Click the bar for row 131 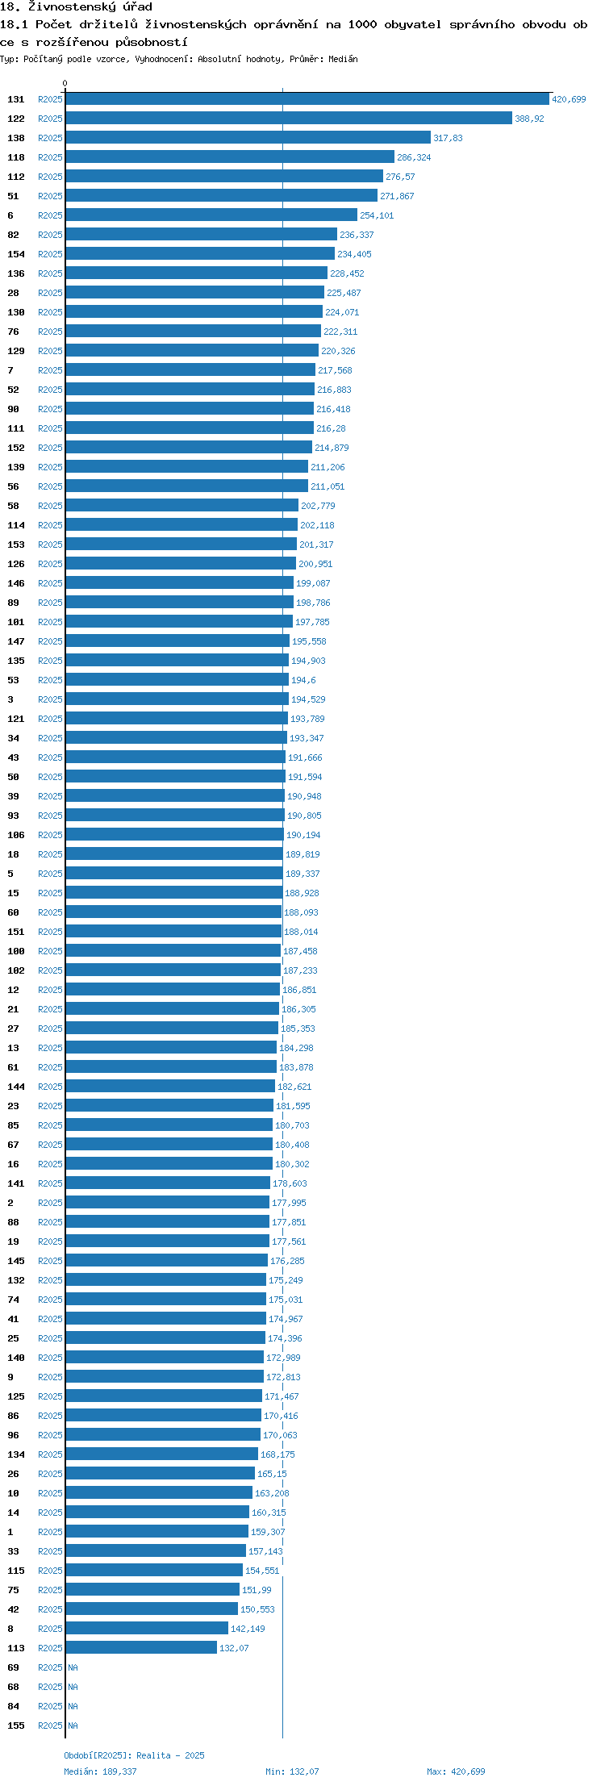(x=307, y=99)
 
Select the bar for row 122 (x=289, y=119)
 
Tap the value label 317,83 (x=448, y=138)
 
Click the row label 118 (x=16, y=157)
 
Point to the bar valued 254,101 (x=211, y=215)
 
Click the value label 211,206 (x=328, y=467)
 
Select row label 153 (x=16, y=545)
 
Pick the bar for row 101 (x=179, y=622)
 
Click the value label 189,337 (x=302, y=874)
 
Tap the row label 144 (x=16, y=1087)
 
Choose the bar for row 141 (x=168, y=1183)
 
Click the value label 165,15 (x=272, y=1474)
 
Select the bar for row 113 (x=141, y=1648)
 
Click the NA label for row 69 (x=73, y=1667)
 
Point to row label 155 (x=16, y=1725)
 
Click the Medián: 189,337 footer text (x=100, y=1771)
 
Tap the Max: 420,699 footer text (x=456, y=1771)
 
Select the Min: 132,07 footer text (x=292, y=1771)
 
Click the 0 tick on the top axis (x=65, y=83)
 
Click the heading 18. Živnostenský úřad (x=76, y=7)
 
